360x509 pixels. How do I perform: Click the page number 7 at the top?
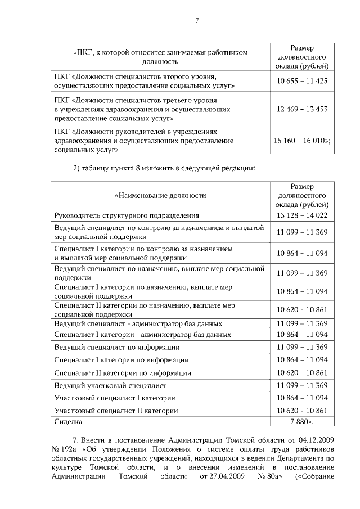[197, 21]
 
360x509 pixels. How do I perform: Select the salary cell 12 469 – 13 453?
[302, 109]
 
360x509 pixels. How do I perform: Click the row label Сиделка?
[68, 421]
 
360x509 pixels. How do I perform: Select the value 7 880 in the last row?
[301, 421]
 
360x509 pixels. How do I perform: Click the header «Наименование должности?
[160, 196]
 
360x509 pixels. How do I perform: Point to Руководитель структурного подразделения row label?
[127, 215]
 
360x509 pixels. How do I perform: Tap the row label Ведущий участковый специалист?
[110, 385]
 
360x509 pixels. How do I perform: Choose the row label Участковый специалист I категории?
[115, 398]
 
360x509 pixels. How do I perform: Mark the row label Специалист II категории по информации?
[123, 372]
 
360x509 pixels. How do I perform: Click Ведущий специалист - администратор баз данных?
[138, 324]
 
